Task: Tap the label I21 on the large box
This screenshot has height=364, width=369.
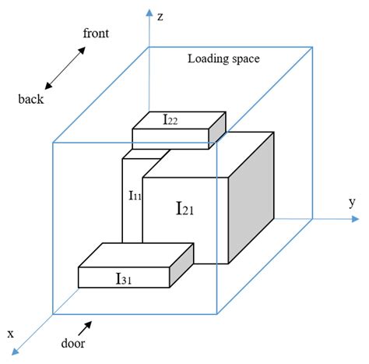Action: click(x=185, y=209)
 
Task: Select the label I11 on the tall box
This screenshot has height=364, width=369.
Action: click(x=135, y=196)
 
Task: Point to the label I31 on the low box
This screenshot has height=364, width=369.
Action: click(x=125, y=278)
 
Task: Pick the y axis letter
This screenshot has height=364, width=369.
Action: click(x=352, y=203)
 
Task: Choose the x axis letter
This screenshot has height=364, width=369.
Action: click(x=10, y=333)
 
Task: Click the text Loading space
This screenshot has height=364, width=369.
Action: click(x=224, y=58)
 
